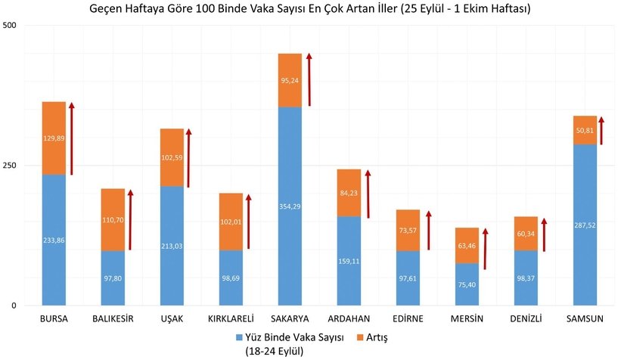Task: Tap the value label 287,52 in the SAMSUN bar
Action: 585,225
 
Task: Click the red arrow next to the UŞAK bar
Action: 188,159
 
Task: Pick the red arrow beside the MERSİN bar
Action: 486,249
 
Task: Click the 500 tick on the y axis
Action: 11,26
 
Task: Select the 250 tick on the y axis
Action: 11,166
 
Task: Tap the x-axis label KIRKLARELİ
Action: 230,319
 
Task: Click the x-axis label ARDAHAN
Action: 348,319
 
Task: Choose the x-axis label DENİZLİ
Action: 525,319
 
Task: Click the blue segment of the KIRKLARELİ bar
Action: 231,278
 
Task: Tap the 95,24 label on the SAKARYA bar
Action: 289,80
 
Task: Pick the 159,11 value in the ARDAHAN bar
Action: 349,261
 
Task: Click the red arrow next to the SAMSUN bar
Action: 603,129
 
